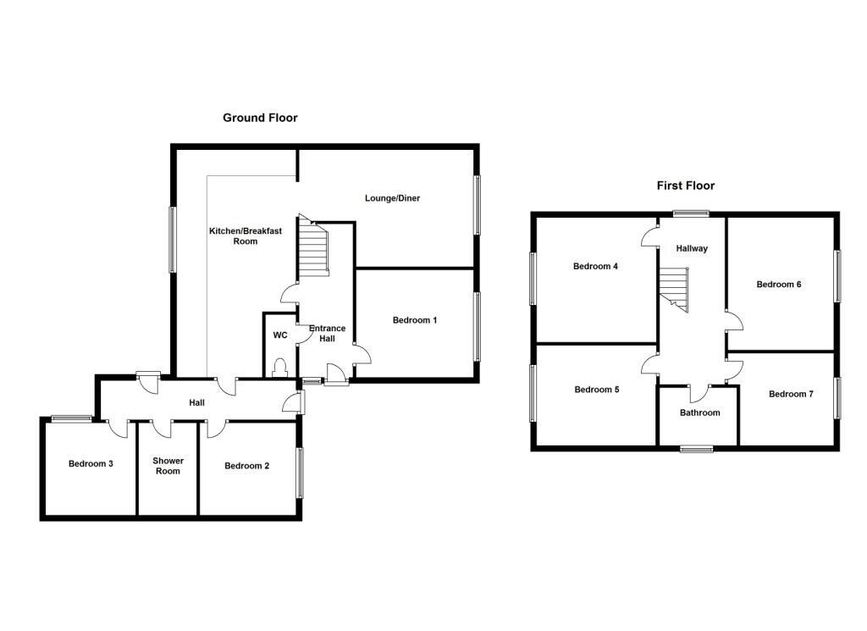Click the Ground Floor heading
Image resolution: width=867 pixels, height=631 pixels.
point(260,118)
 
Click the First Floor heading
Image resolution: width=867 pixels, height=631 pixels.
point(685,185)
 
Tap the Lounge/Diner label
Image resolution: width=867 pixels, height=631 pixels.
point(392,198)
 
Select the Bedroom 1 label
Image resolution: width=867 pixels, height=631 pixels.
point(415,320)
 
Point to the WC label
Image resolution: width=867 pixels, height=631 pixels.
point(279,335)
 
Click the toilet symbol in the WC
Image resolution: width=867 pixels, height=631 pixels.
point(279,367)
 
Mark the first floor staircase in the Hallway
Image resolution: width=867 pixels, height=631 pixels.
point(676,291)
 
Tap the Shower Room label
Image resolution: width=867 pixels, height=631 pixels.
point(168,466)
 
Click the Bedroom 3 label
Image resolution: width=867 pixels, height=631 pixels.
point(91,464)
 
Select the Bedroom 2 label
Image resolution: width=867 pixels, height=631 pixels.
point(246,466)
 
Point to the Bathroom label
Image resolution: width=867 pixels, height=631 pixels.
point(699,413)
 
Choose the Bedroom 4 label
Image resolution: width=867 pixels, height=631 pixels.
point(595,266)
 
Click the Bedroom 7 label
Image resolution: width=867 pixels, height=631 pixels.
point(791,394)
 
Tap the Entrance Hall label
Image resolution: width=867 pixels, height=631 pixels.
point(326,333)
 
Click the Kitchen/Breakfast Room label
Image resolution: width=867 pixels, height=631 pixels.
point(233,235)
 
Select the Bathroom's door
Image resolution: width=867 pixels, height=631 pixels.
point(699,393)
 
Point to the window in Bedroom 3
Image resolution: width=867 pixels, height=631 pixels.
point(71,418)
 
